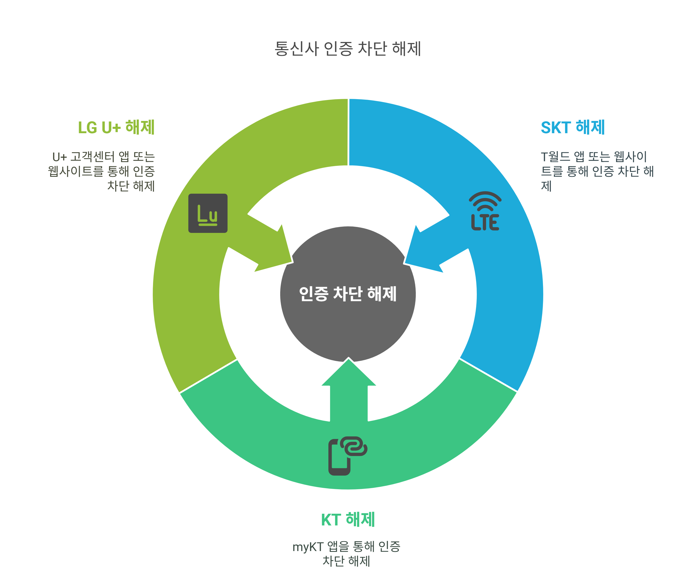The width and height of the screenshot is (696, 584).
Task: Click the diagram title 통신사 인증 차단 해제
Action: pos(348,49)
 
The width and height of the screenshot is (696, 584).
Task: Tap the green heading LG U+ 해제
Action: pos(116,127)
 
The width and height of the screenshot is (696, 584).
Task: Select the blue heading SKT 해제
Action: pos(573,127)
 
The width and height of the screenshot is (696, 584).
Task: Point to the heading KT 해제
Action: pos(348,520)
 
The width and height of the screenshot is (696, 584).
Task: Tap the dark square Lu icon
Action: pos(208,213)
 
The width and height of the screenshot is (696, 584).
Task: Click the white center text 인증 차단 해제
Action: pos(348,294)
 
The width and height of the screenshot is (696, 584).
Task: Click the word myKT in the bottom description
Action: pos(308,547)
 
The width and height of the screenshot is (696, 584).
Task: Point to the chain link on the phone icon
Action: pos(355,446)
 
